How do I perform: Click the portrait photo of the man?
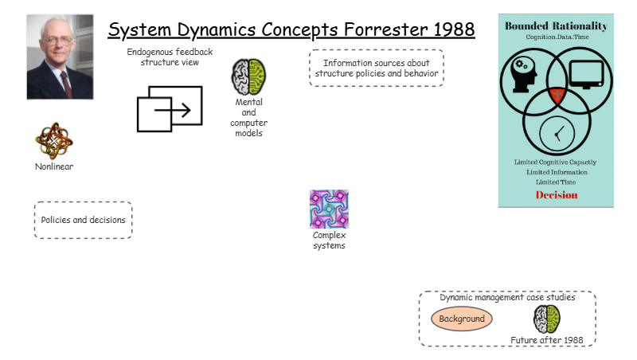click(x=60, y=57)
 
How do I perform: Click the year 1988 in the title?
click(x=448, y=30)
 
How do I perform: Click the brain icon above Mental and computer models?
click(x=248, y=77)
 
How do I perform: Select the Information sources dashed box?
click(x=376, y=68)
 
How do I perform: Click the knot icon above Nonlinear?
click(x=54, y=141)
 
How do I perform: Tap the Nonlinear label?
click(x=54, y=166)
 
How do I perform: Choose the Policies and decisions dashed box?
click(x=83, y=220)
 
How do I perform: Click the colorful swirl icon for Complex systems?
click(x=329, y=209)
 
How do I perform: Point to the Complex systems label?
click(x=329, y=240)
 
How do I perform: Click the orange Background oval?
click(x=462, y=319)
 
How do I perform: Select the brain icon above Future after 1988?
click(x=547, y=319)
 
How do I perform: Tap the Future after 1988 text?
click(x=547, y=340)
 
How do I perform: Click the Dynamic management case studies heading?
click(x=507, y=297)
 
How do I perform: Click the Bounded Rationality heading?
click(x=556, y=26)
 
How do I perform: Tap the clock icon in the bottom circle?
click(x=556, y=132)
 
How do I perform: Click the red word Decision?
click(x=556, y=195)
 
